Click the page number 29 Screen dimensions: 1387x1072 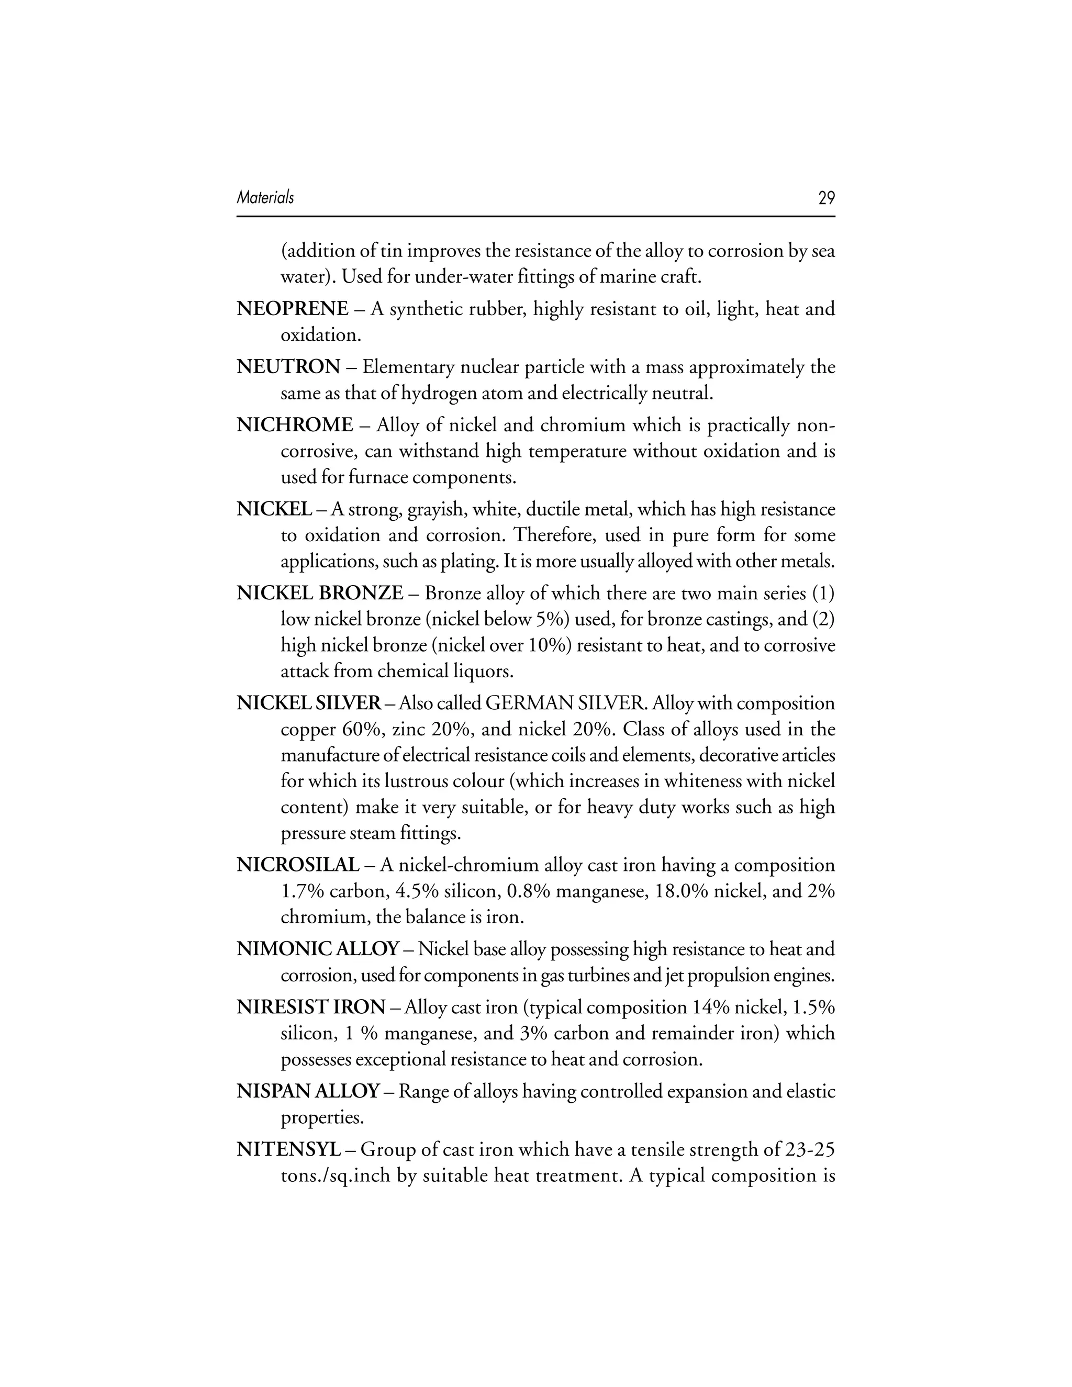(826, 198)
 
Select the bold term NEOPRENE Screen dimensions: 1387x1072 (292, 309)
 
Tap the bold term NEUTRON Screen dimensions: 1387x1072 (288, 367)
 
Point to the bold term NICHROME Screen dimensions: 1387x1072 (295, 425)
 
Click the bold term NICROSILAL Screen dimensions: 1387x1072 (298, 865)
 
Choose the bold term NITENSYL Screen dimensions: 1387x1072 (289, 1149)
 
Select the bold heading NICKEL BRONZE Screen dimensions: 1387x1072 (319, 593)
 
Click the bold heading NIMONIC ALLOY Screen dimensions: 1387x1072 (318, 949)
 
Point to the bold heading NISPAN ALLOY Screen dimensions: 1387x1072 (308, 1092)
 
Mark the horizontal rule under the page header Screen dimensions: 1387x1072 (535, 217)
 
